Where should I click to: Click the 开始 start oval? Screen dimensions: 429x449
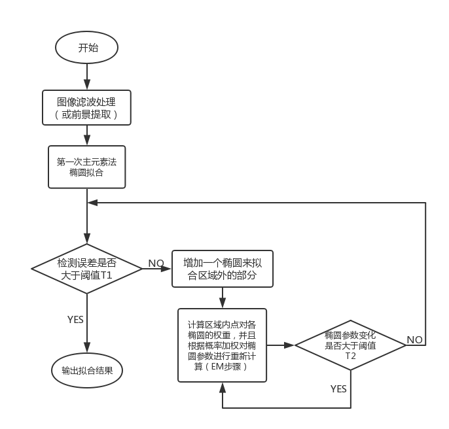pyautogui.click(x=87, y=48)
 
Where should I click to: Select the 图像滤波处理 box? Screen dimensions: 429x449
pyautogui.click(x=87, y=107)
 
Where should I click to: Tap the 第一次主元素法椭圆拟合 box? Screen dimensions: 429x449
pyautogui.click(x=87, y=167)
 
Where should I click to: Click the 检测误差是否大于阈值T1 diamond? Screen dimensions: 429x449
pyautogui.click(x=87, y=268)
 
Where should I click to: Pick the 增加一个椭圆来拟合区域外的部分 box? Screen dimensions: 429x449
pyautogui.click(x=223, y=269)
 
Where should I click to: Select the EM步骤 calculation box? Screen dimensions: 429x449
pyautogui.click(x=223, y=345)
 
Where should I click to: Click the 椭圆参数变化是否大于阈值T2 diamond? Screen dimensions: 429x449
pyautogui.click(x=350, y=345)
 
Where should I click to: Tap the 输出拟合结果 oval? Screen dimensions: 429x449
pyautogui.click(x=87, y=370)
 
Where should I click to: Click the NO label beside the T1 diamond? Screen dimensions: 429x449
pyautogui.click(x=156, y=263)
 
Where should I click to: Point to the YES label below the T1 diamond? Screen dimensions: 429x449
pyautogui.click(x=75, y=320)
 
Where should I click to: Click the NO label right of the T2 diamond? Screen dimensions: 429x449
pyautogui.click(x=414, y=339)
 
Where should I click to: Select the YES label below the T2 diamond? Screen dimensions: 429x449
pyautogui.click(x=338, y=389)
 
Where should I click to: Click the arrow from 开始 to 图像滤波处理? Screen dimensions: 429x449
pyautogui.click(x=87, y=77)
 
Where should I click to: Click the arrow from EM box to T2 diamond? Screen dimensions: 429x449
pyautogui.click(x=281, y=345)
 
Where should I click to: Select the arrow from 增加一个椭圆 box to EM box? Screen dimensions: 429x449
pyautogui.click(x=223, y=298)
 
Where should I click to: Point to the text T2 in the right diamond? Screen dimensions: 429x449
pyautogui.click(x=350, y=357)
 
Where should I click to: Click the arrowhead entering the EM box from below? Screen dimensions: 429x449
pyautogui.click(x=223, y=387)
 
